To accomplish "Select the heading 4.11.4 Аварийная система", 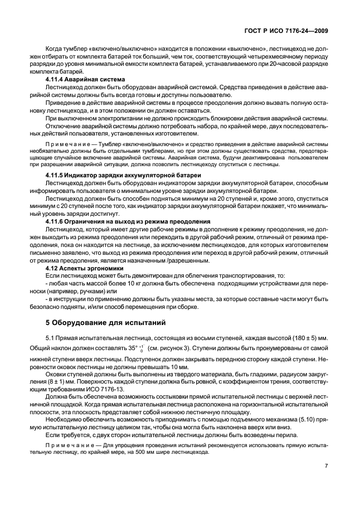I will (x=80, y=80).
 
